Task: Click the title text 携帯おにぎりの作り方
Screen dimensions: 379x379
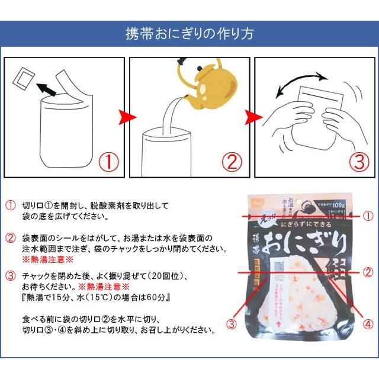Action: point(189,33)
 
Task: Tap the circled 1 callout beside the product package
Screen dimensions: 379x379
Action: point(368,216)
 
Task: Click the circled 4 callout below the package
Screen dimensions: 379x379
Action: point(368,324)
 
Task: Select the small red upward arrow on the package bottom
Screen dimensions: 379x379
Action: point(278,325)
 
